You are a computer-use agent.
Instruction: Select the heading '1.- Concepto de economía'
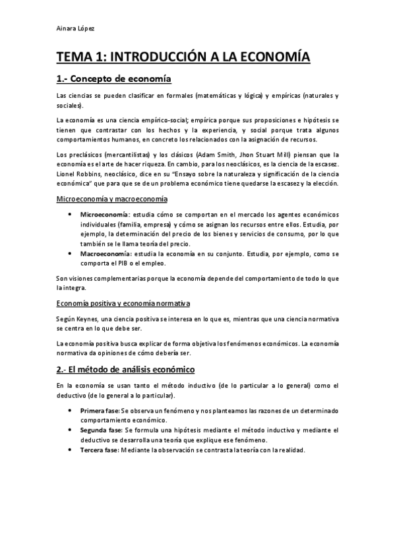pos(113,80)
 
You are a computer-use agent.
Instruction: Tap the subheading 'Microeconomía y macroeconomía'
pos(111,198)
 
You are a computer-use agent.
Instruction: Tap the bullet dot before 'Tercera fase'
pos(71,450)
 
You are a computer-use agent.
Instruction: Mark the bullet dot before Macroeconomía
pos(71,254)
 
